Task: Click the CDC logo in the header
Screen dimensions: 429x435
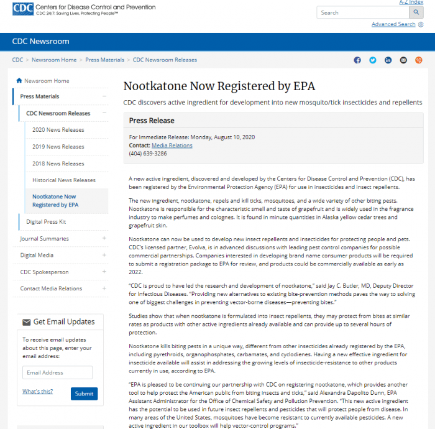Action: pos(22,10)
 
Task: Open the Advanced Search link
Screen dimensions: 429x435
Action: pos(393,24)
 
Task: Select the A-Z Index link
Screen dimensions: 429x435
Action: pos(411,2)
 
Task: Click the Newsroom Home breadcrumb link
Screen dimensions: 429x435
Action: pos(54,60)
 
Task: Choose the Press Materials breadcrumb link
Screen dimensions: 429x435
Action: pos(104,60)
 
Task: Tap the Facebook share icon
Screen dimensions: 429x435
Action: pos(357,60)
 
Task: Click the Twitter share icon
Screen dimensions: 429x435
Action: pos(373,60)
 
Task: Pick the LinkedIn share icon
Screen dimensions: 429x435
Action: pos(388,60)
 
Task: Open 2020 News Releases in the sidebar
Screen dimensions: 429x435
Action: pos(58,130)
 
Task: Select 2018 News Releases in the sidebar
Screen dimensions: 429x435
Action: pos(58,164)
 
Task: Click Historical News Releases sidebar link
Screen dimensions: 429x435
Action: pos(64,180)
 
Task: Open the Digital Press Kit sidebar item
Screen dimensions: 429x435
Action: pos(46,221)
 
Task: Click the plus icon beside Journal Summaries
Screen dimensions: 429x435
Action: pos(104,239)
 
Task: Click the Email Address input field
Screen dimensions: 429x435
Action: pos(57,372)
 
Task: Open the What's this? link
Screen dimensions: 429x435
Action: pos(37,392)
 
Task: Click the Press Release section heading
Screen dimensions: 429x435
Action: pos(152,121)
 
